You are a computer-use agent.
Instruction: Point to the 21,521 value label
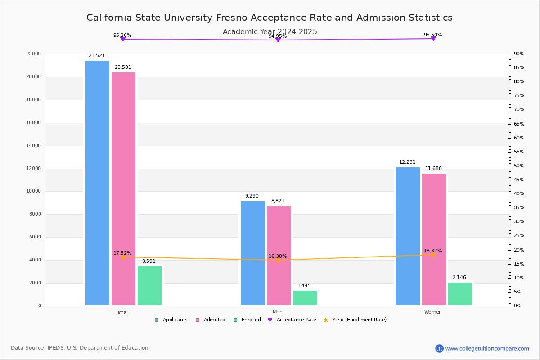point(97,56)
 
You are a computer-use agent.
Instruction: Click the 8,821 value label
point(278,201)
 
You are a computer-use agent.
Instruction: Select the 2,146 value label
point(459,278)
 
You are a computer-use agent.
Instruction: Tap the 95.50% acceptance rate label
point(433,35)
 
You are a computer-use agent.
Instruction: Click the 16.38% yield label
point(278,256)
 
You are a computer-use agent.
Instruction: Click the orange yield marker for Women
point(433,255)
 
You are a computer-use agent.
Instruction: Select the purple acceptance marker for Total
point(122,39)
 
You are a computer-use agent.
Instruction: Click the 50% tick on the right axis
point(519,166)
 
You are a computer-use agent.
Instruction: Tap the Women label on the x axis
point(433,312)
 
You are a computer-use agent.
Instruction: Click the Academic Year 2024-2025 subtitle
point(270,32)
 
